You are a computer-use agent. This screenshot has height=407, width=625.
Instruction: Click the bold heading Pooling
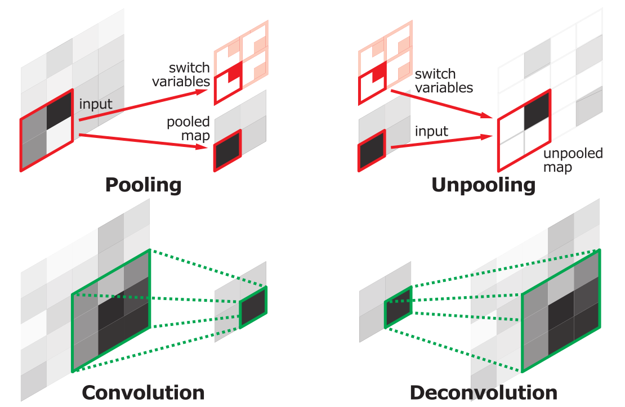(143, 185)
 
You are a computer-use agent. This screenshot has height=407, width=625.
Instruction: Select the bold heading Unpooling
(484, 185)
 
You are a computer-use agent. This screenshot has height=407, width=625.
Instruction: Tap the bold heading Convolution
(143, 393)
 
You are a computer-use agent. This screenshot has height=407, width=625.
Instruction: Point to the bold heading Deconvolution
(484, 393)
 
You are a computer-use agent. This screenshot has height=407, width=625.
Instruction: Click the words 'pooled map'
(188, 129)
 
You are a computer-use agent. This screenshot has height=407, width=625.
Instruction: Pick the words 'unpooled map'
(573, 160)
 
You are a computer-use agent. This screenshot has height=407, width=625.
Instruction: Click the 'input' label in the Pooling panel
(96, 104)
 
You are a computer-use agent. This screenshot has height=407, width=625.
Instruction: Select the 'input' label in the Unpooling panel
(431, 131)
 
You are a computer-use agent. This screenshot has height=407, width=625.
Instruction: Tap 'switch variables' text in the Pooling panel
(181, 74)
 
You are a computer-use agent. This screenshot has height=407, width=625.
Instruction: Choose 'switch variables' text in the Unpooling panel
(444, 81)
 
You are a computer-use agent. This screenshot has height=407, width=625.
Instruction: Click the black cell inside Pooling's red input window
(60, 110)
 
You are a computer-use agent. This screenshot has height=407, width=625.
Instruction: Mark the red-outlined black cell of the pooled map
(227, 150)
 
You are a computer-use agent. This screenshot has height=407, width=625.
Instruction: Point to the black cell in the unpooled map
(537, 110)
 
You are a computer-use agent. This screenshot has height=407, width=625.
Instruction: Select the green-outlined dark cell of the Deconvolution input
(398, 307)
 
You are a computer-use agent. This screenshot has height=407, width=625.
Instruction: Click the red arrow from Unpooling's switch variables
(443, 105)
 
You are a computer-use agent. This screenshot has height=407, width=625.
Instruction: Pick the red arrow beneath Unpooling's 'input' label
(443, 142)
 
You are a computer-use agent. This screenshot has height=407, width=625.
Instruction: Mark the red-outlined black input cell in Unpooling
(372, 150)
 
